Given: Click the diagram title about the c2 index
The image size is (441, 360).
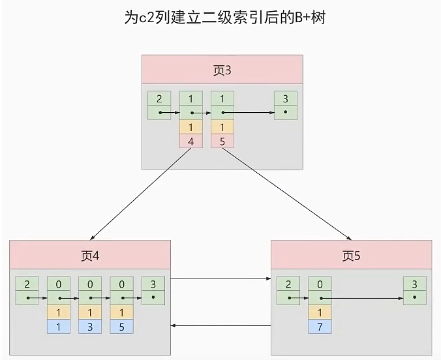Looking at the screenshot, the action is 224,18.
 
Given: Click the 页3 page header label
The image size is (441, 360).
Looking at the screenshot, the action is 222,70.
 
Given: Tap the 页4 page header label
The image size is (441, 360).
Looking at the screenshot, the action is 90,256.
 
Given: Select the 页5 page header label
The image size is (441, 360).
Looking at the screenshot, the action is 351,256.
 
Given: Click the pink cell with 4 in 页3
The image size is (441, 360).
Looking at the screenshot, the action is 191,141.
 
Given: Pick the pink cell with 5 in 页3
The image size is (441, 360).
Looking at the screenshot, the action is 222,141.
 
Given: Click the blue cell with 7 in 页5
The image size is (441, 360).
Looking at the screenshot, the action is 320,327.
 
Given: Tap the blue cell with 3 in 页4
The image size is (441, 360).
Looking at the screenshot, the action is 90,327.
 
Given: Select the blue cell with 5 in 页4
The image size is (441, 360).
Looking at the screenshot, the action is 121,327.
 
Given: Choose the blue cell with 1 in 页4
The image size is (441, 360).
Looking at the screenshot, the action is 59,327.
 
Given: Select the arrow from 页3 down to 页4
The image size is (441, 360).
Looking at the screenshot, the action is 140,194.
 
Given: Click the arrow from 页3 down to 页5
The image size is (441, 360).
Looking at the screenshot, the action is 287,194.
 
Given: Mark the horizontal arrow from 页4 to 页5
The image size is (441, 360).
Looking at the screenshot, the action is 220,278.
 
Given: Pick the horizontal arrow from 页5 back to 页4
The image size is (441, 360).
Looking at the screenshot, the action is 220,325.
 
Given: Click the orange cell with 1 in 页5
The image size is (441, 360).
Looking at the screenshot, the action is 320,312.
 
